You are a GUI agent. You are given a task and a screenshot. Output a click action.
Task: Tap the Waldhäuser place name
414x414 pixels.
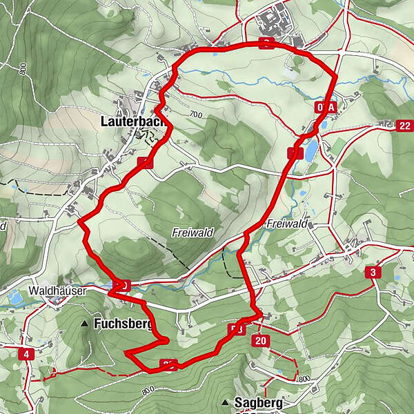click(x=57, y=291)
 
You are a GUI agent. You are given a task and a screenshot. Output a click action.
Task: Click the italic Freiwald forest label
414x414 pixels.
click(x=191, y=233)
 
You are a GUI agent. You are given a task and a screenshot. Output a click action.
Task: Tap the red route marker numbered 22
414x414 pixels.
click(x=404, y=125)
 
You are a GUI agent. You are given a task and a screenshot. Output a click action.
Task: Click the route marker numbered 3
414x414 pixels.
click(x=373, y=273)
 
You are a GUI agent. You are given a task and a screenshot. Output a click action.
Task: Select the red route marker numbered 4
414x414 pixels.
click(x=27, y=354)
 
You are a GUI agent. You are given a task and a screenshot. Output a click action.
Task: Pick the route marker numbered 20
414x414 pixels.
click(x=260, y=341)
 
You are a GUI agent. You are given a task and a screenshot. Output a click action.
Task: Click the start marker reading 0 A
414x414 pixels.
click(x=326, y=108)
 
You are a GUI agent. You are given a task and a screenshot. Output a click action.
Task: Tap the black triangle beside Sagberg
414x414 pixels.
click(x=226, y=402)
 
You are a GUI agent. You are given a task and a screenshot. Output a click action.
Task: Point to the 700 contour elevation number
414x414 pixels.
click(x=196, y=115)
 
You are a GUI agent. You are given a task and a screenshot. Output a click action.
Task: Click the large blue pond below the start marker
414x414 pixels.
click(x=312, y=148)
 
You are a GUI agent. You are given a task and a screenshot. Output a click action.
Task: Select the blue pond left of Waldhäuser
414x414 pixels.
click(x=14, y=299)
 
